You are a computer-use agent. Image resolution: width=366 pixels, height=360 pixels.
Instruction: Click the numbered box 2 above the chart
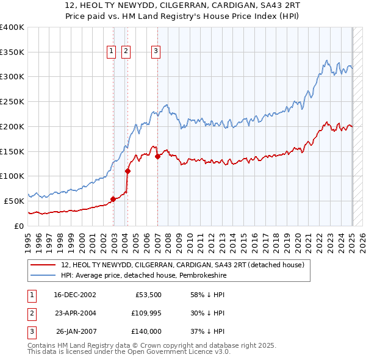(x=126, y=52)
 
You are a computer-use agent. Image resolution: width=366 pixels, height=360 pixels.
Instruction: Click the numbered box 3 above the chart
(x=156, y=52)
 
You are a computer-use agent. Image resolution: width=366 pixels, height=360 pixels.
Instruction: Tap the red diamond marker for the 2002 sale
(x=113, y=199)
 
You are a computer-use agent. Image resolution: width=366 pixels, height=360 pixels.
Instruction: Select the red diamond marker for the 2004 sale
(x=127, y=171)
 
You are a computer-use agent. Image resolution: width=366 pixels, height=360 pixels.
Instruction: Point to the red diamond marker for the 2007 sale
(x=157, y=156)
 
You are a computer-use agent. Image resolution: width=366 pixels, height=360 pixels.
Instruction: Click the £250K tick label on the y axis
(x=12, y=102)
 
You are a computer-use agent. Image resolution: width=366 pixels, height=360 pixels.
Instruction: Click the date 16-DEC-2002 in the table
(x=75, y=295)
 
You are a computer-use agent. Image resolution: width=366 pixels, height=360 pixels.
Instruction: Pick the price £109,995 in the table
(x=144, y=313)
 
